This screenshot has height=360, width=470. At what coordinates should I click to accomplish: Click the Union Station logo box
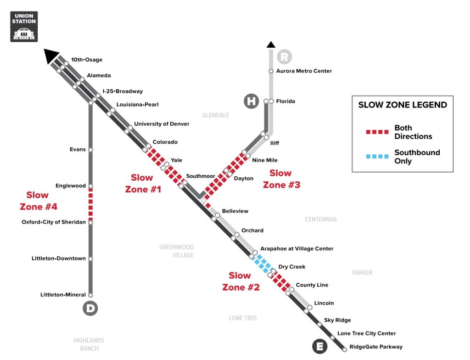click(24, 27)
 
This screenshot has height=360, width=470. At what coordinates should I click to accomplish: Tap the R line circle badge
click(284, 56)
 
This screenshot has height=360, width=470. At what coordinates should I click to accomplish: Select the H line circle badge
click(251, 101)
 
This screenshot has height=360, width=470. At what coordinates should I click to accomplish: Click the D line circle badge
click(90, 308)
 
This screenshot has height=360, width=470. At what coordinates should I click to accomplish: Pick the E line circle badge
click(319, 346)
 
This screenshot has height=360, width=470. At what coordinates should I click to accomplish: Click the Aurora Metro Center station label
click(304, 71)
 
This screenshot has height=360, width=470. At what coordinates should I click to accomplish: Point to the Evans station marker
click(90, 150)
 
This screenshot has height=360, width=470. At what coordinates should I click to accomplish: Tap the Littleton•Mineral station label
click(63, 295)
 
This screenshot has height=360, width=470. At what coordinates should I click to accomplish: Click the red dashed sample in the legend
click(377, 132)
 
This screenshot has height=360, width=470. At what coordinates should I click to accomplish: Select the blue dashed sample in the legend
click(377, 156)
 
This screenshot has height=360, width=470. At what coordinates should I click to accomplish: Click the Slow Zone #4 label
click(38, 201)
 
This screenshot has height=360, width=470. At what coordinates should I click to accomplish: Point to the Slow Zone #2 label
click(241, 281)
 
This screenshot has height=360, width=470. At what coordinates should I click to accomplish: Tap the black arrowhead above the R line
click(271, 45)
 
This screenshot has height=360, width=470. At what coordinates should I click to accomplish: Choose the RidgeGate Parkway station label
click(376, 347)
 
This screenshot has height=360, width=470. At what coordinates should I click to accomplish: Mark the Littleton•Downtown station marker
click(90, 259)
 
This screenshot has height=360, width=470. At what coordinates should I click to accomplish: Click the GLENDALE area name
click(216, 115)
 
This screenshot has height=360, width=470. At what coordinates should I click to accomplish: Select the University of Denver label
click(162, 124)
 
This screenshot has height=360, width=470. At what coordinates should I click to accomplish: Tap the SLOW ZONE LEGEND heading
click(403, 105)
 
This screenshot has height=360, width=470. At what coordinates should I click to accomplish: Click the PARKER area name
click(362, 273)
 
